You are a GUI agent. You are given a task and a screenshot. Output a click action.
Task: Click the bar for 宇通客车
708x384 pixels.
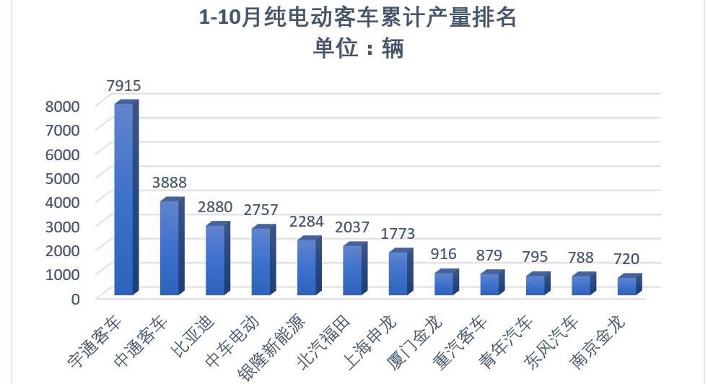(124, 198)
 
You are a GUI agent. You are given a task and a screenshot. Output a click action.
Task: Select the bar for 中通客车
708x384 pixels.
(170, 248)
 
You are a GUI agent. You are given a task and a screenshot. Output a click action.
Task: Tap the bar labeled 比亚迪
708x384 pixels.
(215, 260)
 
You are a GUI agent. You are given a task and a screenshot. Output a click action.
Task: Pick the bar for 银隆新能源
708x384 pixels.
(307, 267)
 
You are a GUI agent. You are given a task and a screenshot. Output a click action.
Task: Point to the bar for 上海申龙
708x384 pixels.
(398, 273)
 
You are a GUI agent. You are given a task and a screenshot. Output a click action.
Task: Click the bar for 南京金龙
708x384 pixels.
(627, 285)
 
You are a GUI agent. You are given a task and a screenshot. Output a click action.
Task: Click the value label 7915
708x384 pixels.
(123, 86)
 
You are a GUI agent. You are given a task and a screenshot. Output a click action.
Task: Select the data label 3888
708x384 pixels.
(170, 182)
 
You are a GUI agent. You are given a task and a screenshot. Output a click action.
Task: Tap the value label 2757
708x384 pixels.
(261, 210)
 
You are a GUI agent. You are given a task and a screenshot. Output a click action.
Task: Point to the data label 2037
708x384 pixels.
(352, 228)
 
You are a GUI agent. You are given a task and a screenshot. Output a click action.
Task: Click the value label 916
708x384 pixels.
(444, 255)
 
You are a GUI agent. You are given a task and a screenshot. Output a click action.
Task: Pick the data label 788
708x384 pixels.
(581, 257)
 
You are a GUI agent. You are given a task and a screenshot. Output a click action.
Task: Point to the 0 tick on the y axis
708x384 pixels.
(74, 297)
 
